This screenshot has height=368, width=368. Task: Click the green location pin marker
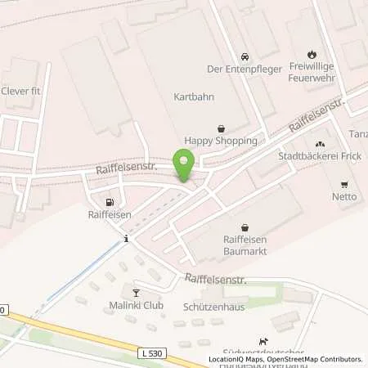click(x=184, y=164)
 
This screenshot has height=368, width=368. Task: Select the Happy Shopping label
click(x=220, y=141)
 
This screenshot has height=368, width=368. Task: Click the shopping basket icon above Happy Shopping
click(x=220, y=128)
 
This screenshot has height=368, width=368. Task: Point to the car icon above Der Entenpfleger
click(x=244, y=56)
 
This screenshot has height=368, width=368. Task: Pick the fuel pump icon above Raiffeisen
click(x=109, y=201)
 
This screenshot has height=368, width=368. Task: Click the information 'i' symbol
click(x=126, y=239)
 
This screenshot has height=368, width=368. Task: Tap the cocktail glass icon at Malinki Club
click(x=136, y=292)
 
